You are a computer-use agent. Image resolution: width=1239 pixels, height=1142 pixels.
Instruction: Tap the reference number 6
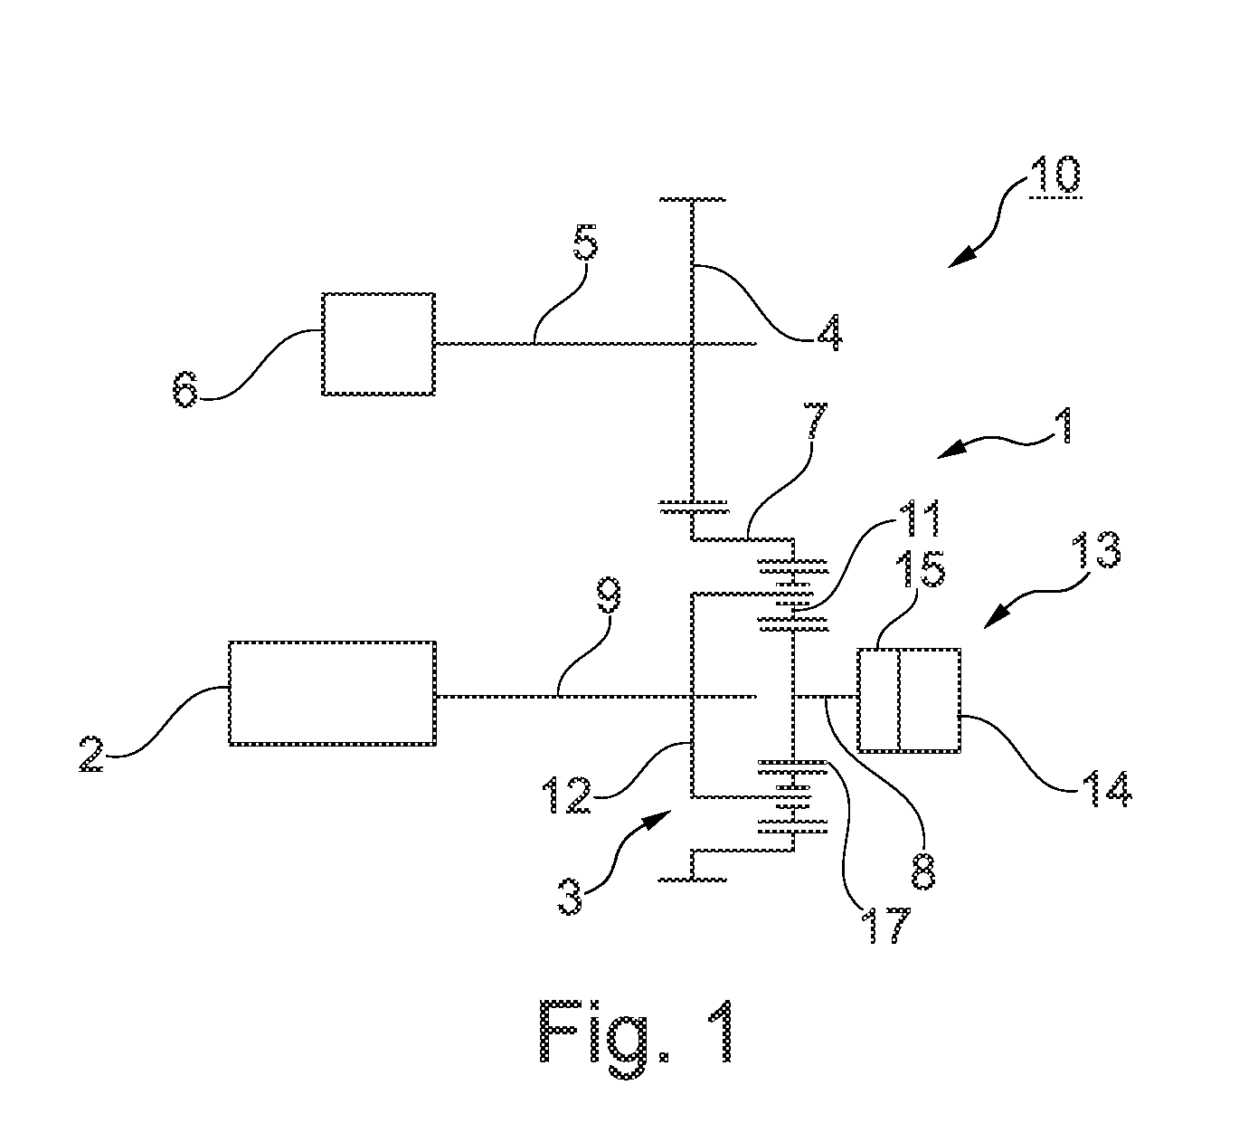184,389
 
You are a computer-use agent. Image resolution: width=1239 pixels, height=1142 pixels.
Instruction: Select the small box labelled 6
378,344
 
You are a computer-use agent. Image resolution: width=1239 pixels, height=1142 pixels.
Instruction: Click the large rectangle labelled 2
332,693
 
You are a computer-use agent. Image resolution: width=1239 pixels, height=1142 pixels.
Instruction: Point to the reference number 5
585,242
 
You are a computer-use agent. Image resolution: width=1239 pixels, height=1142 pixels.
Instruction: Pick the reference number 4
829,332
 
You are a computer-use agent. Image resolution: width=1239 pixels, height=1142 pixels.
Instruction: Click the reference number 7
815,421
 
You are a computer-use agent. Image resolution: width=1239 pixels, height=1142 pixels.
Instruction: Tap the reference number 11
919,519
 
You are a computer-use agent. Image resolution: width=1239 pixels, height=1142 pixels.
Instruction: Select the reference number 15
919,569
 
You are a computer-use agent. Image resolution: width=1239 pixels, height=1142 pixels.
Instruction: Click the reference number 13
1095,549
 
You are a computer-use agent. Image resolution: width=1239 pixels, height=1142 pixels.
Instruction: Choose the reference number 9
609,595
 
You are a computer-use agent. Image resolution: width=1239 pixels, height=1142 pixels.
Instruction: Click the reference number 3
570,897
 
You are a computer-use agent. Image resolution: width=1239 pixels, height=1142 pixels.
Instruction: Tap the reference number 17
889,925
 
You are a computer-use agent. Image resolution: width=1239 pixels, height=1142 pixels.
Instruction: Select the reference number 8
922,871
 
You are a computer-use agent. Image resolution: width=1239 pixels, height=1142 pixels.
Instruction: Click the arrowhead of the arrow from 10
960,257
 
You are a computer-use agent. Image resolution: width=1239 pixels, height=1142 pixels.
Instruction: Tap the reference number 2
90,753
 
